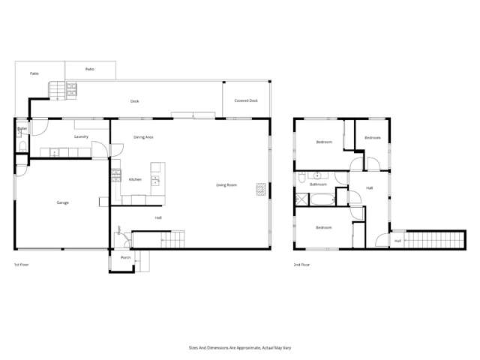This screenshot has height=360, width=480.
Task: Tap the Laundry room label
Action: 82,136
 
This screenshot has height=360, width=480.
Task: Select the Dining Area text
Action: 144,137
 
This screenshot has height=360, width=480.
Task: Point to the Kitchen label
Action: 135,179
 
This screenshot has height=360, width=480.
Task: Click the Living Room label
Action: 226,184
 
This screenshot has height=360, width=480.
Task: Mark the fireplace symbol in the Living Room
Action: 260,188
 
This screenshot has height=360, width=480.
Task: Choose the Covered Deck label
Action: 246,100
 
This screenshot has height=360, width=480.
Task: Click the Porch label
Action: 125,258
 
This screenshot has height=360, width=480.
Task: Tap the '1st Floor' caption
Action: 22,265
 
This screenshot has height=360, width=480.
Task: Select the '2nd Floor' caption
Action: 302,265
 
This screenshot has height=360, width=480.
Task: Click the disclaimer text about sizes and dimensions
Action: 240,347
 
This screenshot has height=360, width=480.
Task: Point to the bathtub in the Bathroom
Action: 322,199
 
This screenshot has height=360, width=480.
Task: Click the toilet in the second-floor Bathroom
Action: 301,179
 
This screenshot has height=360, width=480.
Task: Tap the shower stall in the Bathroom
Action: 301,199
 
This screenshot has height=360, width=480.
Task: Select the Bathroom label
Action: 318,184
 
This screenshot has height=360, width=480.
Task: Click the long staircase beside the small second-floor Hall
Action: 431,240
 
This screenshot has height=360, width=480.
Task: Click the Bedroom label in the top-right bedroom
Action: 373,138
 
